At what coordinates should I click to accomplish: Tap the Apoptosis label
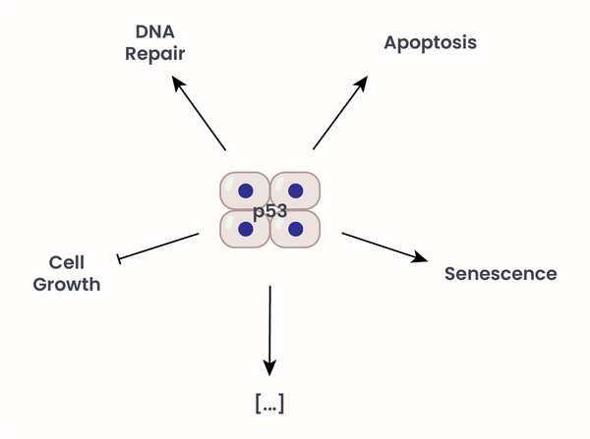pyautogui.click(x=431, y=42)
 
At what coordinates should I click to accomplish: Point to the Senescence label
pyautogui.click(x=501, y=273)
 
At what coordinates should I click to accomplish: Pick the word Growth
pyautogui.click(x=67, y=285)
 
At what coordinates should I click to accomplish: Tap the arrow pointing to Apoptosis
pyautogui.click(x=339, y=113)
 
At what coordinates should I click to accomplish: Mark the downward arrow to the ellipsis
pyautogui.click(x=269, y=329)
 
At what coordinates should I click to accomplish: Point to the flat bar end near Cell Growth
pyautogui.click(x=120, y=257)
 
